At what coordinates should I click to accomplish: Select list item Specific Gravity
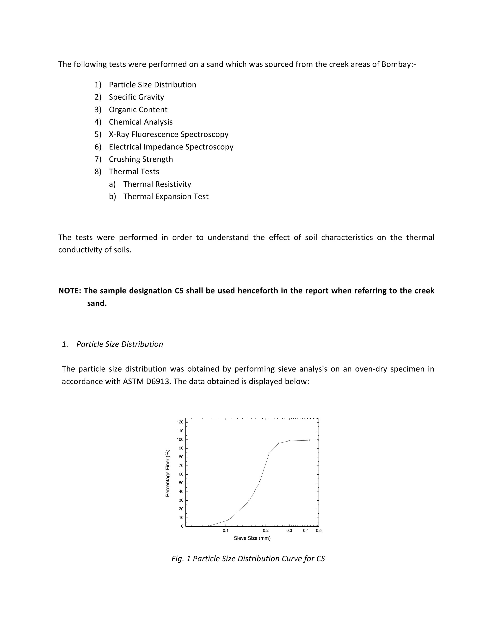[x=136, y=97]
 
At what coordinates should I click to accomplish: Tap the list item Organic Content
[x=138, y=110]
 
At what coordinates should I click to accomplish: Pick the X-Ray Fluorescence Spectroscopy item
[x=168, y=134]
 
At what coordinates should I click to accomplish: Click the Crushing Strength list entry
[x=141, y=159]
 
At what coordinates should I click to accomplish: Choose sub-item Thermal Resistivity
[x=157, y=184]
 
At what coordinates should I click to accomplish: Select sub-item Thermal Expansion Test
[x=166, y=197]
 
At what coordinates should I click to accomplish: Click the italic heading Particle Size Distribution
[x=119, y=344]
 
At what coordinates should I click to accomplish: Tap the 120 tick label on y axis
[x=180, y=422]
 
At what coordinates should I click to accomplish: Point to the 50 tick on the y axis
[x=181, y=483]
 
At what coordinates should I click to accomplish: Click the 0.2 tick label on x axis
[x=265, y=531]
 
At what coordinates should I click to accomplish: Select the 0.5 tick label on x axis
[x=319, y=531]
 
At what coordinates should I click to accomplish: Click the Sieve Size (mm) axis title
[x=252, y=538]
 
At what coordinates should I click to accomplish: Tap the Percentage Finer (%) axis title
[x=168, y=473]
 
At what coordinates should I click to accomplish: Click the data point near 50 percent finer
[x=259, y=482]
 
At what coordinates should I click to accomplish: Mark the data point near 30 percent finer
[x=249, y=501]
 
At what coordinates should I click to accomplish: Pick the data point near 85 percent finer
[x=269, y=453]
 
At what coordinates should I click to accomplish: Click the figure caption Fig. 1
[x=248, y=559]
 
